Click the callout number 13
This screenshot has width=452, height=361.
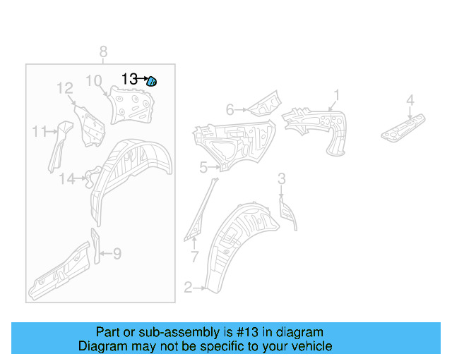click(x=130, y=80)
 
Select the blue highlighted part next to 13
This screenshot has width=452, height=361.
click(x=152, y=82)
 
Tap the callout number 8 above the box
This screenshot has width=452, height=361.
click(x=103, y=52)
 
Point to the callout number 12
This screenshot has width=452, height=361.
click(x=65, y=88)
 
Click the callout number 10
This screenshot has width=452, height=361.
click(x=94, y=80)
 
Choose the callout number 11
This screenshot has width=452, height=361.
click(x=39, y=130)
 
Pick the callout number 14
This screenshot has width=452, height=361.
click(x=66, y=179)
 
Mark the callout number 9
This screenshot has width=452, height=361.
click(x=117, y=253)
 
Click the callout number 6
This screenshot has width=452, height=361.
click(x=230, y=109)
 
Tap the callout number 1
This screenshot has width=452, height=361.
click(x=337, y=94)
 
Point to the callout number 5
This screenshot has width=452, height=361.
click(x=203, y=167)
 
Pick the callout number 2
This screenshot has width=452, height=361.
click(x=188, y=287)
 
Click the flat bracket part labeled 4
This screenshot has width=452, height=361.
click(x=405, y=126)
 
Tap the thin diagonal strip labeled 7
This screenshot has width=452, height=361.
click(x=201, y=209)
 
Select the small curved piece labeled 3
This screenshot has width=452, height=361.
click(x=288, y=213)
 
